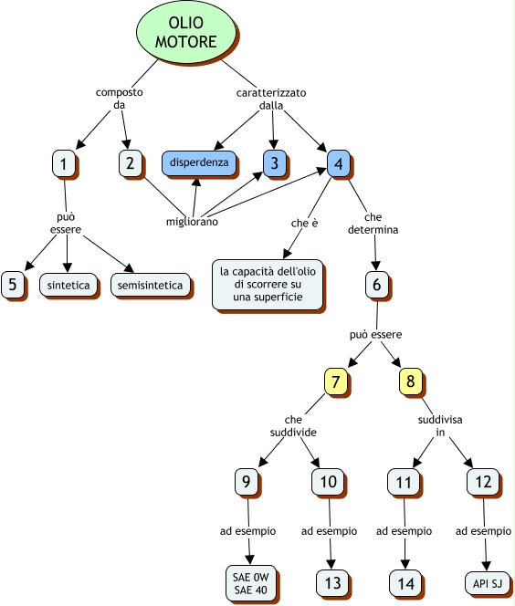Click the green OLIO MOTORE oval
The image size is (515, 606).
pyautogui.click(x=186, y=32)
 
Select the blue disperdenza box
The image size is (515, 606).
pyautogui.click(x=199, y=162)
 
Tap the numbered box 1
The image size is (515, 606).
pyautogui.click(x=63, y=163)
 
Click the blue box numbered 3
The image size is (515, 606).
pyautogui.click(x=274, y=162)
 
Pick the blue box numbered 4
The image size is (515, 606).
pyautogui.click(x=338, y=163)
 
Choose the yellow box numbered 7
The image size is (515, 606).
pyautogui.click(x=336, y=381)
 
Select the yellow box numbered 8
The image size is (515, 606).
pyautogui.click(x=410, y=381)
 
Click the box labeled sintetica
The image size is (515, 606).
pyautogui.click(x=68, y=286)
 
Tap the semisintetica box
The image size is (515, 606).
pyautogui.click(x=151, y=286)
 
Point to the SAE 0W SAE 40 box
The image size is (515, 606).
pyautogui.click(x=250, y=583)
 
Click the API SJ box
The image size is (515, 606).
pyautogui.click(x=488, y=583)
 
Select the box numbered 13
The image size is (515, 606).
pyautogui.click(x=332, y=583)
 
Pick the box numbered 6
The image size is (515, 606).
pyautogui.click(x=376, y=285)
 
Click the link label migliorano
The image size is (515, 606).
pyautogui.click(x=192, y=222)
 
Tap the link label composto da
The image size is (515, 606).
pyautogui.click(x=120, y=99)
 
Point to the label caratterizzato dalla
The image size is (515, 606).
pyautogui.click(x=271, y=99)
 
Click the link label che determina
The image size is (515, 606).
pyautogui.click(x=373, y=224)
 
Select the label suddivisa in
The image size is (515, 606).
pyautogui.click(x=440, y=426)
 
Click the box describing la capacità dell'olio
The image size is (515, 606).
pyautogui.click(x=268, y=285)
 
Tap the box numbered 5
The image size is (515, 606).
pyautogui.click(x=13, y=285)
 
